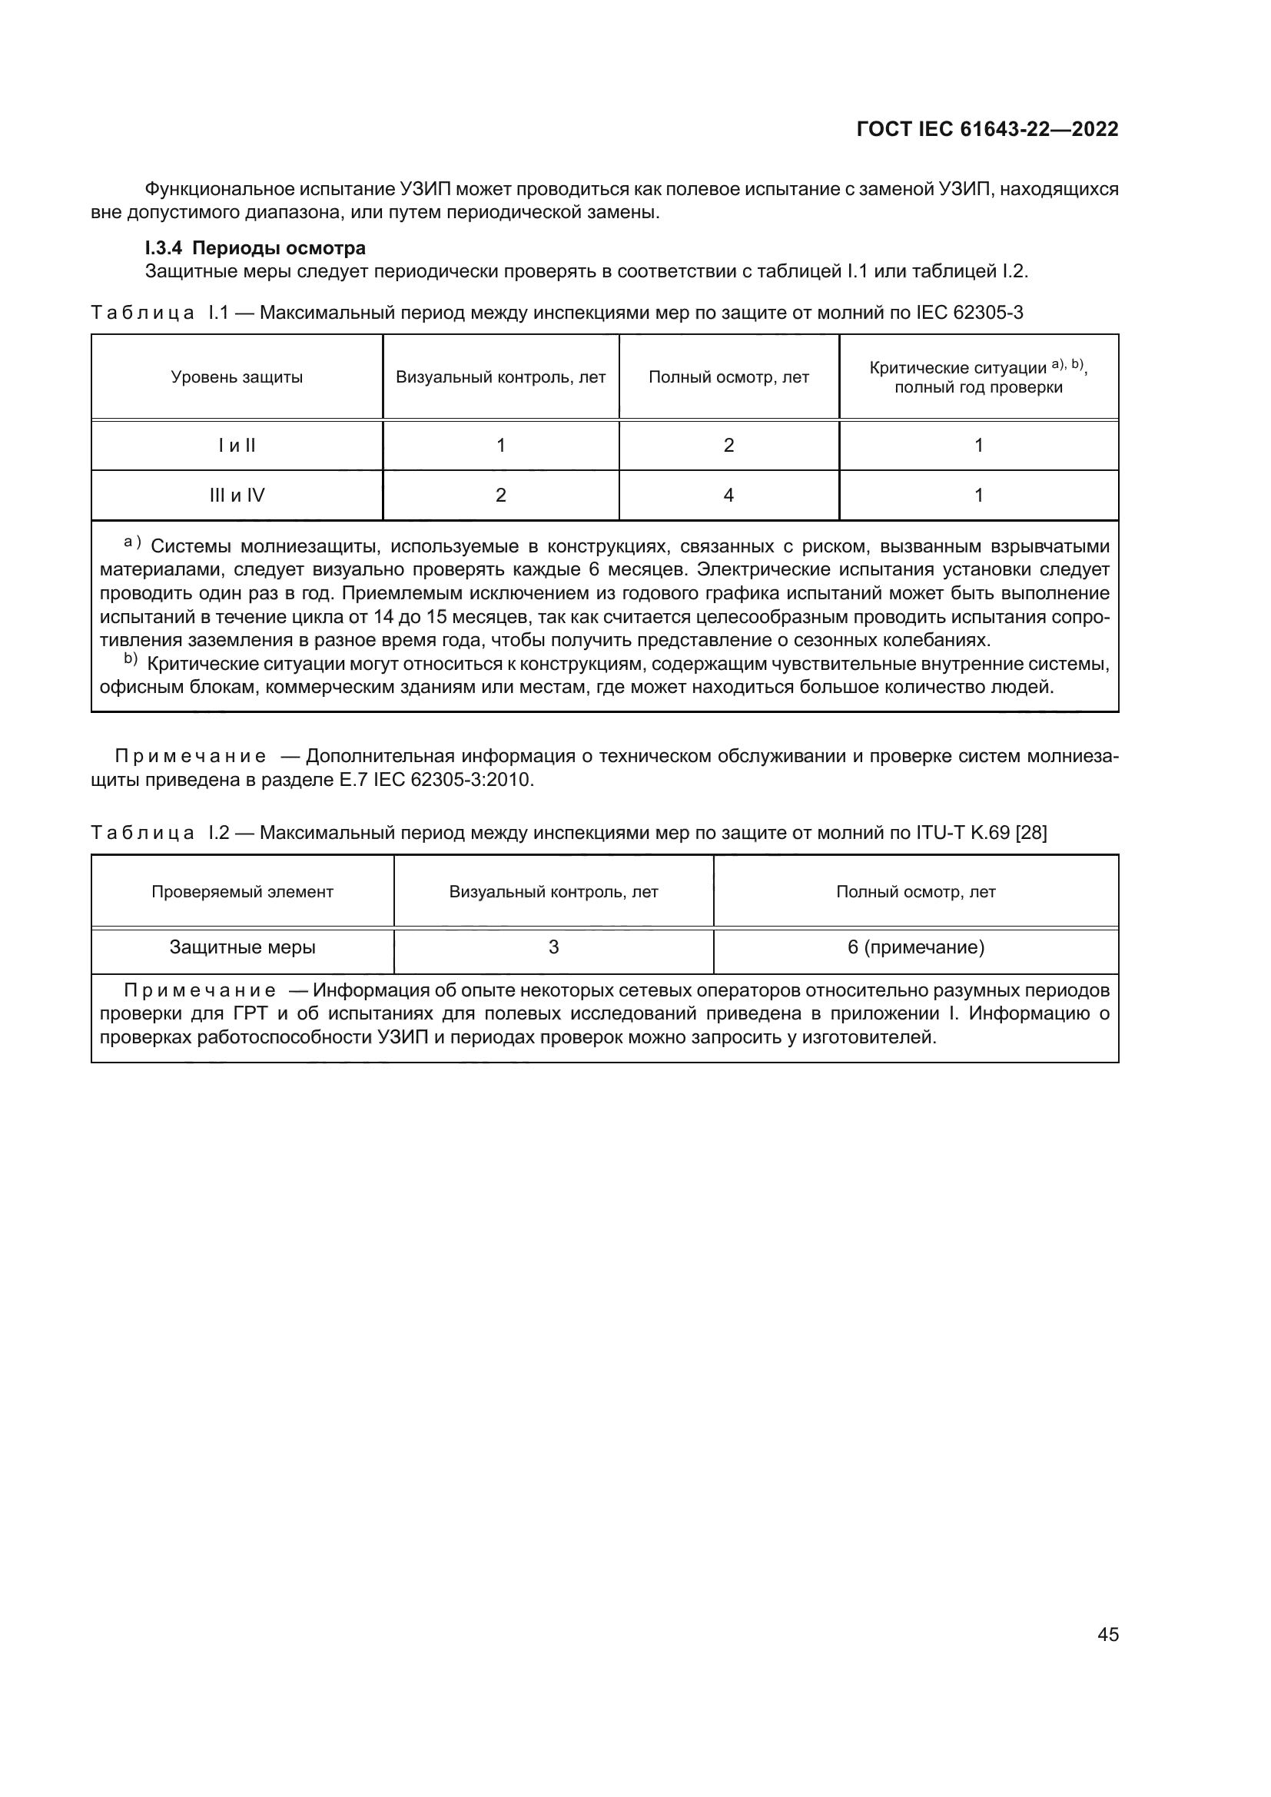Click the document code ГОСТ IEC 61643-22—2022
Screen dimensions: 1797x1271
(987, 129)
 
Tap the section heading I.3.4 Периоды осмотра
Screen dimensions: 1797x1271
(255, 248)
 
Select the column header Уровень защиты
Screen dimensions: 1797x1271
(237, 377)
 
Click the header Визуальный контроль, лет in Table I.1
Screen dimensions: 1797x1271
(501, 377)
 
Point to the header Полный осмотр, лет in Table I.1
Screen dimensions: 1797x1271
(728, 377)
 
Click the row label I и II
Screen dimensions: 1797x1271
(237, 446)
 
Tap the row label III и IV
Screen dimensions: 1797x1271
(237, 496)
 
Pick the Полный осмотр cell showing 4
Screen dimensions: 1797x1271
(728, 496)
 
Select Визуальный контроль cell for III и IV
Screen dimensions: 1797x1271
(501, 496)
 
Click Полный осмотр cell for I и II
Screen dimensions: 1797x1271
(728, 446)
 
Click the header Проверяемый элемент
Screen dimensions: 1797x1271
(243, 892)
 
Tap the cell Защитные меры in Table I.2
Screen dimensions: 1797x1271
(243, 948)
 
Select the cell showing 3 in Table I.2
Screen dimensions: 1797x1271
(553, 948)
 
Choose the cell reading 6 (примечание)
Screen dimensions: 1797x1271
(916, 948)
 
